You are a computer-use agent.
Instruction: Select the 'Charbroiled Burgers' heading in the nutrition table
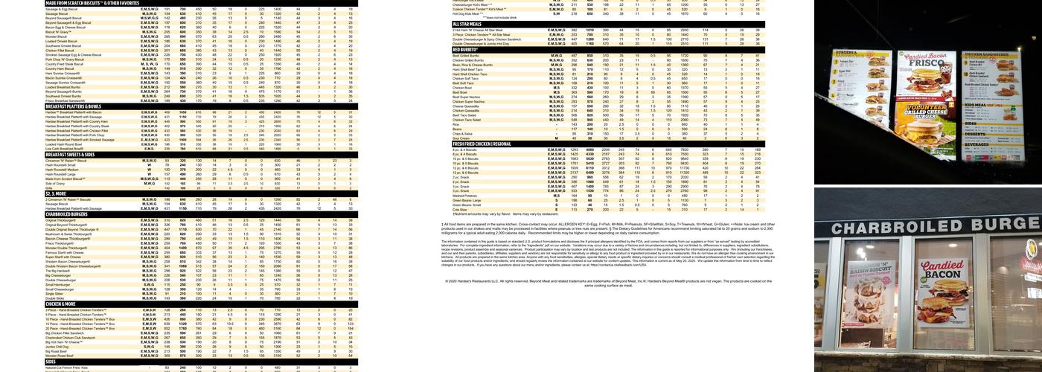[66, 214]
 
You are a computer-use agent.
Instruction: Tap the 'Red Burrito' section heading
[468, 50]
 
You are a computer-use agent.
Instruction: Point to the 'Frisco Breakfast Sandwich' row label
[67, 100]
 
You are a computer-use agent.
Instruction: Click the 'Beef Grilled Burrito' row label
[466, 56]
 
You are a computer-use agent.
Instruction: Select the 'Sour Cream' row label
[461, 138]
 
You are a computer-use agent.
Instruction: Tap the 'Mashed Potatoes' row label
[465, 196]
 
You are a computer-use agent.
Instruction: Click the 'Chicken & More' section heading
[61, 304]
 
